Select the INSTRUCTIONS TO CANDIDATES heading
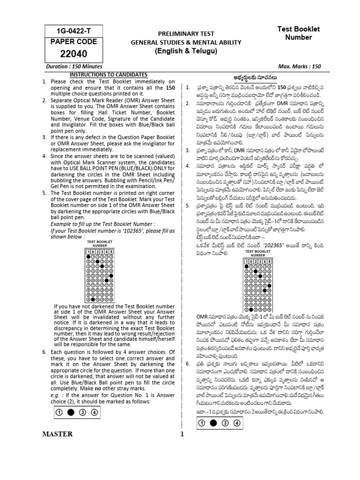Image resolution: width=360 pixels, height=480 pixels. click(108, 75)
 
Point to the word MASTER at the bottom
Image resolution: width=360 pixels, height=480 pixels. click(57, 434)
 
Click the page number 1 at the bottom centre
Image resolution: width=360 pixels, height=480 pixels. click(180, 434)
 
